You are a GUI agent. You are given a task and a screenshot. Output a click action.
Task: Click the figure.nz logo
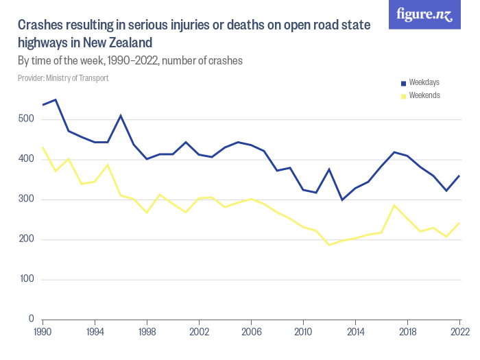click(x=424, y=14)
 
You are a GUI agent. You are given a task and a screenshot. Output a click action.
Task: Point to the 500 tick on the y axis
click(x=27, y=119)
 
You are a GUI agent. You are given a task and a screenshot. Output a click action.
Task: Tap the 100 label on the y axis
click(x=27, y=280)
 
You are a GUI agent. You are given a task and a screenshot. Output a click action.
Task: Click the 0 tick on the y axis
click(x=32, y=320)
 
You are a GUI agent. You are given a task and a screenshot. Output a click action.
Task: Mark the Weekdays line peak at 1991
click(x=56, y=99)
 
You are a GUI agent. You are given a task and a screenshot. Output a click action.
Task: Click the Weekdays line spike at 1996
click(x=121, y=115)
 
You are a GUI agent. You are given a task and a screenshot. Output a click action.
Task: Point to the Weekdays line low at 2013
click(x=342, y=200)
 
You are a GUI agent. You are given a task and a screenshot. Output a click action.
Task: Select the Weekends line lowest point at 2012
click(x=329, y=245)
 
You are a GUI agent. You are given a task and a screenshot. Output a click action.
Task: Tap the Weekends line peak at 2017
click(x=394, y=205)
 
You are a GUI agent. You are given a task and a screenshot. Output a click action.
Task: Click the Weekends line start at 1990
click(x=43, y=147)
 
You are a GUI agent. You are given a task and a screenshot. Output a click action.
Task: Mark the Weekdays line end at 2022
click(x=459, y=176)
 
